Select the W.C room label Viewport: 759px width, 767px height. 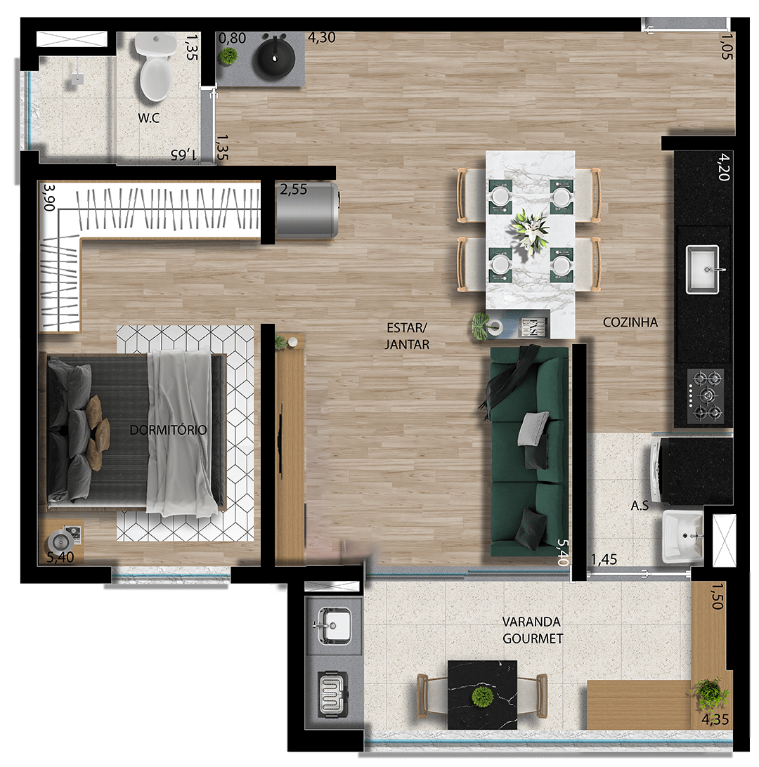tap(148, 118)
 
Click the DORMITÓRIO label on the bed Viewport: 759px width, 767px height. tap(168, 430)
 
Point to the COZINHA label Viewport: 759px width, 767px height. tap(630, 322)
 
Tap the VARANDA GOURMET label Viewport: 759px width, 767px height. tap(532, 630)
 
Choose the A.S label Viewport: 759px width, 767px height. tap(640, 506)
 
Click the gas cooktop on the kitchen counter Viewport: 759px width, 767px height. tap(705, 395)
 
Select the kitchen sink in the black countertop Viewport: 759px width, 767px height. tap(702, 270)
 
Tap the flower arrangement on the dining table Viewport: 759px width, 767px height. tap(531, 231)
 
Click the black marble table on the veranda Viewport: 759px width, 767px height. tap(482, 694)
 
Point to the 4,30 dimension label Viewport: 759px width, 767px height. tap(321, 38)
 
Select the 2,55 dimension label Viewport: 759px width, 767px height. tap(294, 190)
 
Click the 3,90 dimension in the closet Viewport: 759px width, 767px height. tap(48, 197)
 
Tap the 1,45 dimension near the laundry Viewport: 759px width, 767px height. tap(604, 560)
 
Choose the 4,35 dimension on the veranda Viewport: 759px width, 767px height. tap(715, 720)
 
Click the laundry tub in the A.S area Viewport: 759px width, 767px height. tap(682, 537)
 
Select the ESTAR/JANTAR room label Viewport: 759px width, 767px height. tap(407, 336)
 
